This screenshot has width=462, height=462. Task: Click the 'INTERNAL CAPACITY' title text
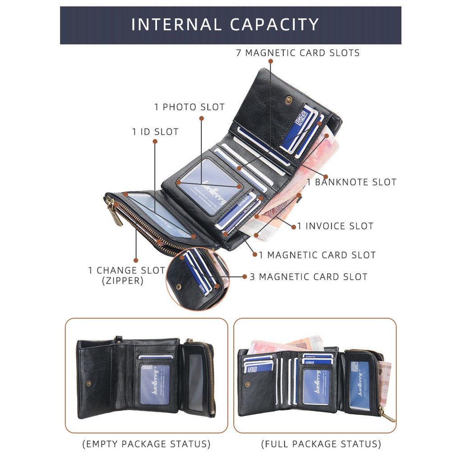coord(225,24)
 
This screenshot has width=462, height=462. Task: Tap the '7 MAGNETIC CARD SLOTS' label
coord(298,53)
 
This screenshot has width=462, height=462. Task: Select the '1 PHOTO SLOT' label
coord(189,107)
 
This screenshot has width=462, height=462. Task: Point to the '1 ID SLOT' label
coord(155,132)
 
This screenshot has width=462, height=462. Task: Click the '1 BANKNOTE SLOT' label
coord(351,182)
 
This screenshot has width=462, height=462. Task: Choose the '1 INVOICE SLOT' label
coord(335,226)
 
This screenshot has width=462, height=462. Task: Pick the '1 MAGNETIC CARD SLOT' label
coord(317,255)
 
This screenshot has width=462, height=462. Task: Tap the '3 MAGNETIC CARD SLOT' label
coord(309,277)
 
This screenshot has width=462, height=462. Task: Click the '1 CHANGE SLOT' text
coord(126,270)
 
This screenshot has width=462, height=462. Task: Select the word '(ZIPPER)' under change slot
coord(123,281)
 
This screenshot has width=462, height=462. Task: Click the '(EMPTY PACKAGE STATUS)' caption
coord(146,444)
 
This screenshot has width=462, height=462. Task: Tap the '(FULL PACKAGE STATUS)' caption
coord(321,444)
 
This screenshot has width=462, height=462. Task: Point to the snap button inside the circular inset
coord(179,286)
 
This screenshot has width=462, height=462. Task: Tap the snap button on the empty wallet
coord(88,383)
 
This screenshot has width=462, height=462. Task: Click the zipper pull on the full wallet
coord(387,416)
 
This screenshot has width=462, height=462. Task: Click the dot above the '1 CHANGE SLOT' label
coord(135,260)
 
